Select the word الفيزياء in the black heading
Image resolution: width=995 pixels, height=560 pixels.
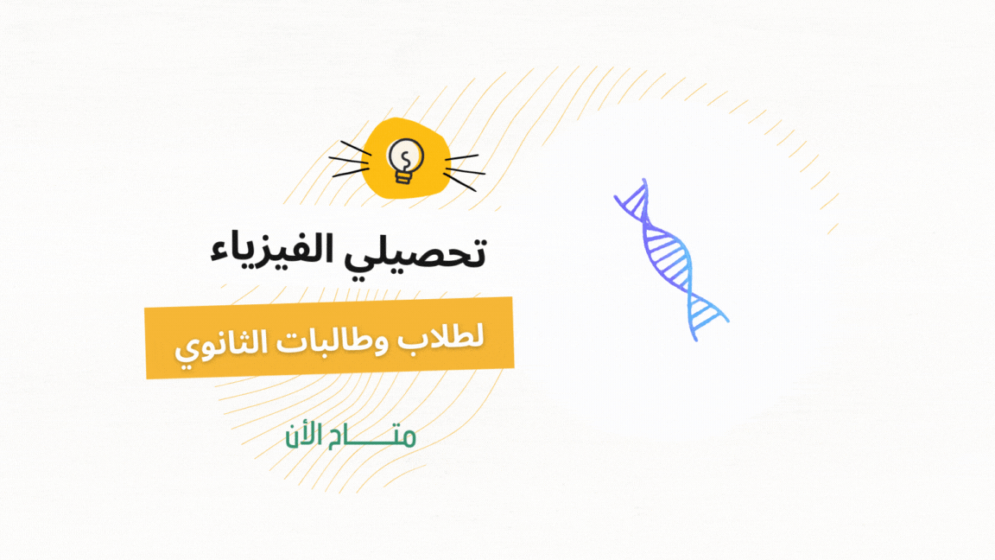point(274,250)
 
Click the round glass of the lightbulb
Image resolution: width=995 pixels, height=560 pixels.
point(405,155)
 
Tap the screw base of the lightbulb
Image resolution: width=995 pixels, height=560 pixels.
point(403,176)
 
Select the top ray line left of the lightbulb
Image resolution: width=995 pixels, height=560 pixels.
point(355,148)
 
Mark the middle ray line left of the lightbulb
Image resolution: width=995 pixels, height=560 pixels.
point(348,161)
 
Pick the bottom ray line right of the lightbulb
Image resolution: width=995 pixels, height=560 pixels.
point(460,182)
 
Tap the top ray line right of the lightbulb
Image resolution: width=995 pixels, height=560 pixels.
point(462,156)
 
